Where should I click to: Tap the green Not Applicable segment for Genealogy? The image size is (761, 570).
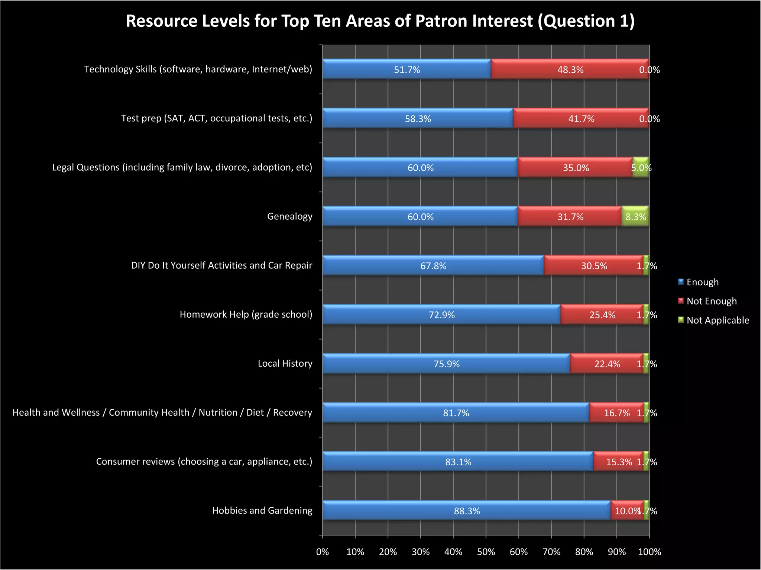click(x=635, y=217)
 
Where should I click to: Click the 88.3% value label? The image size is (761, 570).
click(x=467, y=511)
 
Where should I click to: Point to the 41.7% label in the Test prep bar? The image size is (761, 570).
click(x=581, y=119)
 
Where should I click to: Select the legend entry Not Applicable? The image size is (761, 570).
click(x=718, y=320)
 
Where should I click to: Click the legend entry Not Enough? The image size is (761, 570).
click(x=711, y=301)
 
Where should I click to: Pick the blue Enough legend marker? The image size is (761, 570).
click(x=681, y=282)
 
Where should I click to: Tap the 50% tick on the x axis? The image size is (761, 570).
click(x=486, y=552)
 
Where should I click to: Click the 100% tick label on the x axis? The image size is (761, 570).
click(x=649, y=552)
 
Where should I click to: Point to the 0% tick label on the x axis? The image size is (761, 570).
click(x=323, y=552)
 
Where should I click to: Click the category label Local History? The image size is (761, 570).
click(x=285, y=363)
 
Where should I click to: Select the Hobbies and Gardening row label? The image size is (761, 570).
click(x=262, y=511)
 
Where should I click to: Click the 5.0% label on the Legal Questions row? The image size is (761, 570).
click(x=641, y=168)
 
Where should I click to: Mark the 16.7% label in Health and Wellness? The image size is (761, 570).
click(x=616, y=413)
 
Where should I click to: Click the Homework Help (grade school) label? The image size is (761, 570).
click(x=246, y=314)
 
